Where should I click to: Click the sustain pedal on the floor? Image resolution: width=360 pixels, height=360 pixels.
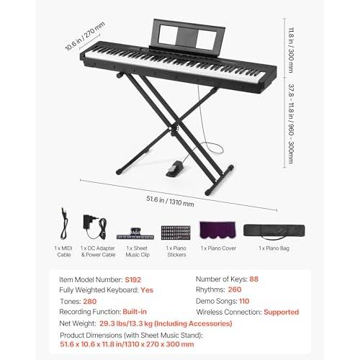tap(175, 168)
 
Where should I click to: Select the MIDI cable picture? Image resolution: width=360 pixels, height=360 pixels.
tap(63, 223)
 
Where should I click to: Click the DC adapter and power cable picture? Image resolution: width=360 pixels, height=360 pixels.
tap(94, 227)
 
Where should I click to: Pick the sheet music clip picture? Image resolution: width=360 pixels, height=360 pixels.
tap(135, 234)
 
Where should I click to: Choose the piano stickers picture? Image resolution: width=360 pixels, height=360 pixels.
tap(176, 233)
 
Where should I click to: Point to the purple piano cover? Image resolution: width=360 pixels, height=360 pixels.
tap(217, 230)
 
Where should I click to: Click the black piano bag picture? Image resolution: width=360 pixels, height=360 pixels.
tap(274, 231)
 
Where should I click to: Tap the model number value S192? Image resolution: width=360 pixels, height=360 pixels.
tap(133, 279)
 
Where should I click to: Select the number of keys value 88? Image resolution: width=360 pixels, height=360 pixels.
tap(254, 279)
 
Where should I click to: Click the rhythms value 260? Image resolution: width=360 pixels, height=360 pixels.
tap(235, 289)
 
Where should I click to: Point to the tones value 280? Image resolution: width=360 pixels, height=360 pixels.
tap(90, 301)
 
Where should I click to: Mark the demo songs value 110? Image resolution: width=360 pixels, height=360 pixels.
tap(244, 301)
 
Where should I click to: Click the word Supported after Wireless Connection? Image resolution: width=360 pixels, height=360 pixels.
tap(282, 312)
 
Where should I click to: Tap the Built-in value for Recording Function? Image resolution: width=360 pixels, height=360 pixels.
tap(135, 312)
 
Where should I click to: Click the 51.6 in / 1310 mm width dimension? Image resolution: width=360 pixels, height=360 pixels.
tap(170, 201)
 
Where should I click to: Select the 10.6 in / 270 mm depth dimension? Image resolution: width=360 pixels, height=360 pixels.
tap(85, 36)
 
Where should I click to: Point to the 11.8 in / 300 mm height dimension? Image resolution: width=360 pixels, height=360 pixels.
tap(291, 50)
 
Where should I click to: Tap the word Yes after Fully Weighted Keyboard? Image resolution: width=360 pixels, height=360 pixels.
tap(147, 290)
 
